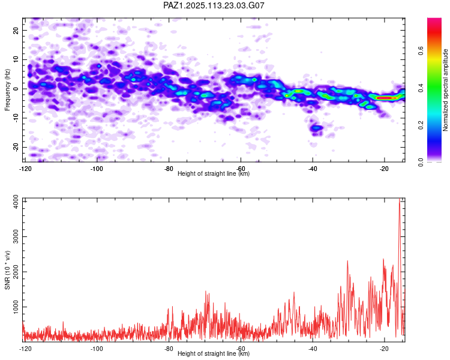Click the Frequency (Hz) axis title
7,90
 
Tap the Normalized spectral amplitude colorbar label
446,90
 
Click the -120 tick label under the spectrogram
25,169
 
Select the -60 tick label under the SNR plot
241,349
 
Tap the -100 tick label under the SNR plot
97,349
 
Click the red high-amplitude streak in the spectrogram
383,97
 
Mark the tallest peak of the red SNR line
399,201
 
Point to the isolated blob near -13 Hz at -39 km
316,127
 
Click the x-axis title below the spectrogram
214,173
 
